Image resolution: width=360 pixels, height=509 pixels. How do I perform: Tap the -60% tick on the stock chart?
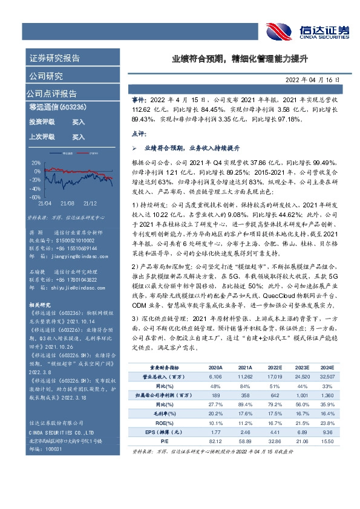(35, 197)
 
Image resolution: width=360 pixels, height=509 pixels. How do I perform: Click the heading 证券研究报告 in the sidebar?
(54, 59)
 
